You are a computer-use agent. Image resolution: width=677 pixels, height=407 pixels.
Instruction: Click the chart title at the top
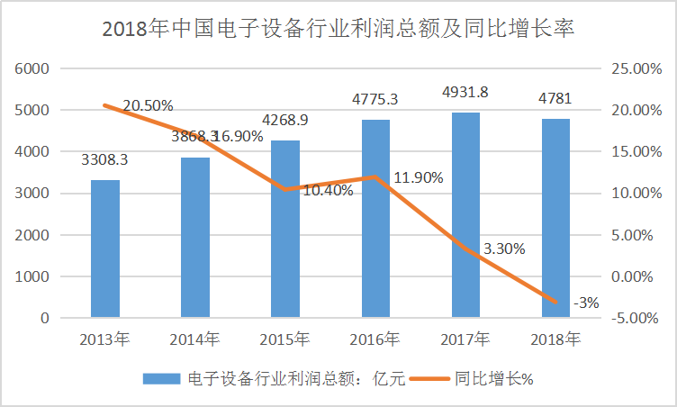338,29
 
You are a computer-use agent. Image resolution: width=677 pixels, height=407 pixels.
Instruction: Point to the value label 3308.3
105,162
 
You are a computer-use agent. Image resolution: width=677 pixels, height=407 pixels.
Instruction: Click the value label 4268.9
285,120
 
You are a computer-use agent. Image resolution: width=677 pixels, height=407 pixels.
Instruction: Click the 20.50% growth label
148,106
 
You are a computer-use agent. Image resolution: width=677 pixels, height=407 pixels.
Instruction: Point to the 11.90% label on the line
419,177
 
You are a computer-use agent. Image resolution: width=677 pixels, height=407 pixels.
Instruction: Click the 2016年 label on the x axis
375,339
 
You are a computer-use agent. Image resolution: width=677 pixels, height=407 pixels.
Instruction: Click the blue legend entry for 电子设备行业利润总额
270,378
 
